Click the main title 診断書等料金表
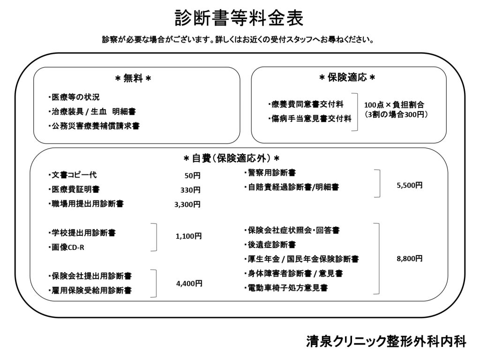[x=239, y=18]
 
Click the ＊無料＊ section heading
[x=133, y=79]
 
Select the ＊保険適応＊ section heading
[x=347, y=77]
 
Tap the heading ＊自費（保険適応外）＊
[x=232, y=158]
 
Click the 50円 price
[x=193, y=175]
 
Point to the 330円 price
[x=190, y=190]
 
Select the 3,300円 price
[x=187, y=204]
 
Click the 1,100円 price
[x=188, y=236]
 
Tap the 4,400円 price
[x=189, y=284]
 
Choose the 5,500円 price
[x=410, y=185]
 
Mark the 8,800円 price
[x=410, y=259]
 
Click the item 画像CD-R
[x=67, y=247]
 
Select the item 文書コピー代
[x=73, y=175]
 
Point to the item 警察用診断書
[x=270, y=172]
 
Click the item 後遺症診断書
[x=270, y=245]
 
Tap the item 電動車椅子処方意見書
[x=286, y=288]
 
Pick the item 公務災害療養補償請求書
[x=94, y=126]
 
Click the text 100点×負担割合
[x=394, y=105]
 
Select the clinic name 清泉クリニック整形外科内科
[x=386, y=341]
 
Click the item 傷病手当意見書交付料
[x=310, y=119]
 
